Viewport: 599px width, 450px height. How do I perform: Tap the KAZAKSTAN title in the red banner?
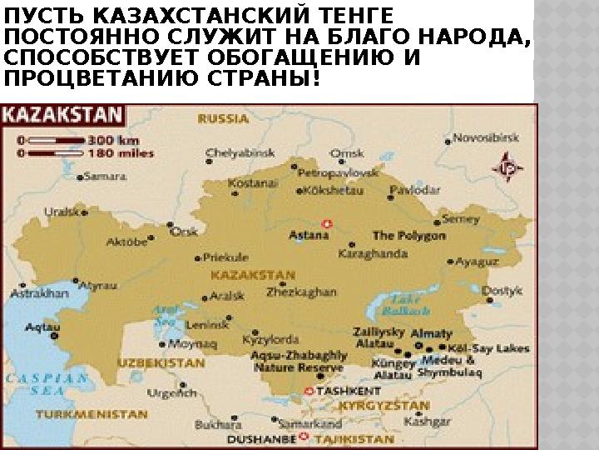click(62, 114)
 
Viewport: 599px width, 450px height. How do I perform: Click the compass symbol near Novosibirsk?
click(508, 166)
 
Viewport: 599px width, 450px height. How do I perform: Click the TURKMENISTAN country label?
click(84, 414)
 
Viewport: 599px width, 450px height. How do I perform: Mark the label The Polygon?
click(408, 236)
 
